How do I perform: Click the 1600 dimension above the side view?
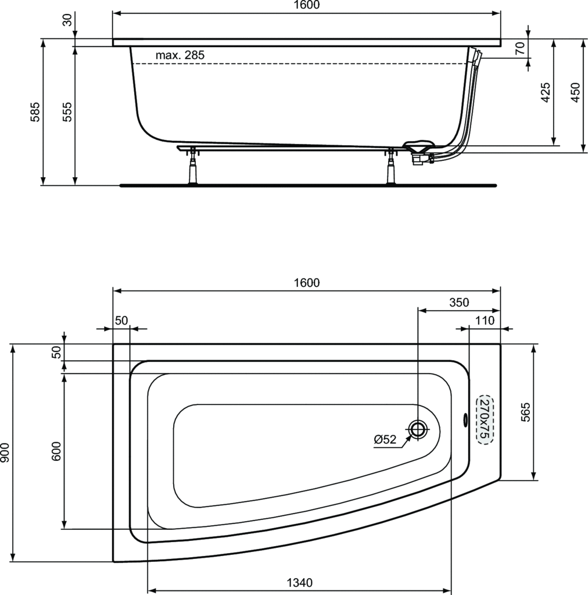point(307,5)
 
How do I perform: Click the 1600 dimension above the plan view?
point(307,283)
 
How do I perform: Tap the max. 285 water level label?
point(180,55)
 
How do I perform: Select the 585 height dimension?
point(35,112)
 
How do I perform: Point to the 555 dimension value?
point(67,112)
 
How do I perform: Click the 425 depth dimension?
point(545,92)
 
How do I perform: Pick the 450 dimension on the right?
point(575,92)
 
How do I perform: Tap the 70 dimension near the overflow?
point(520,48)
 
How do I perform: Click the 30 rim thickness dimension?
point(67,19)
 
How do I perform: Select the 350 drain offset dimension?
point(459,302)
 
